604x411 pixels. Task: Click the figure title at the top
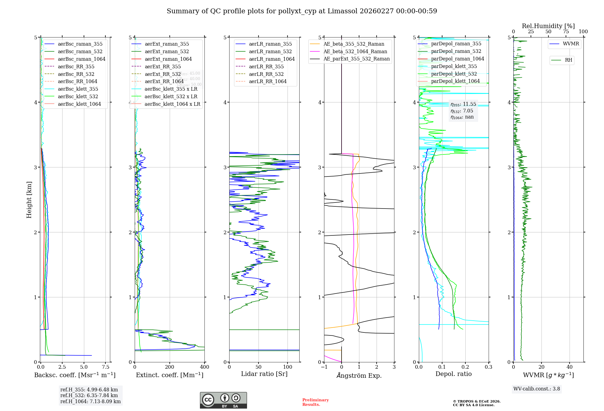click(302, 11)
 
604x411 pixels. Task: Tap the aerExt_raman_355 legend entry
click(167, 44)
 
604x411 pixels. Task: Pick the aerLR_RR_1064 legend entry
click(268, 81)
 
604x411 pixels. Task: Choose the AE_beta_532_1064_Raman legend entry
click(355, 51)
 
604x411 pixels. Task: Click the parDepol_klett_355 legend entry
click(454, 66)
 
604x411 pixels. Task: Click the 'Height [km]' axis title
click(29, 199)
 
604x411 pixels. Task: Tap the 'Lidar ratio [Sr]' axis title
click(264, 374)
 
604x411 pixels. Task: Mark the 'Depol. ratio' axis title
click(453, 374)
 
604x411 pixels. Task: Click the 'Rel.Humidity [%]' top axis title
click(548, 26)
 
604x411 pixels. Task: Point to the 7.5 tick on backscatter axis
click(105, 367)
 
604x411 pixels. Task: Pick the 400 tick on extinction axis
click(204, 367)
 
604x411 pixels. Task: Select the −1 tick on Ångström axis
click(324, 367)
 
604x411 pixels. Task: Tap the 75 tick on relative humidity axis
click(566, 32)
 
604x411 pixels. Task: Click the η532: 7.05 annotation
click(462, 111)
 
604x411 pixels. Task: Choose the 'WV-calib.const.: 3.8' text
click(537, 389)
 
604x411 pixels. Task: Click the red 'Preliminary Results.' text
click(315, 402)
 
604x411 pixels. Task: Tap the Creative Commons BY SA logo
click(223, 400)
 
